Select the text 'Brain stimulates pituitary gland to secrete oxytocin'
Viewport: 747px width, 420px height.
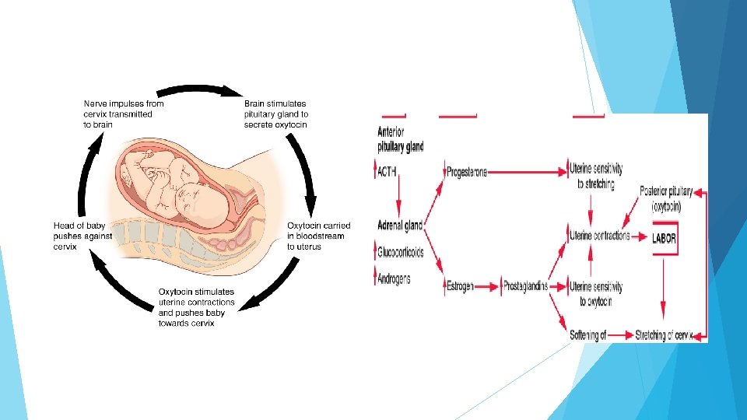pyautogui.click(x=275, y=114)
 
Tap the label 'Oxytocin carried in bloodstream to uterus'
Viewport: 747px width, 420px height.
pyautogui.click(x=318, y=236)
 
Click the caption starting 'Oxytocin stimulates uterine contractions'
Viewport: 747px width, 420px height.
pyautogui.click(x=197, y=307)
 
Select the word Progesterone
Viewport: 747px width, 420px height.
pyautogui.click(x=467, y=172)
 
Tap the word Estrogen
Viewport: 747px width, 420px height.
pyautogui.click(x=460, y=286)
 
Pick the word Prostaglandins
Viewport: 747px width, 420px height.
pyautogui.click(x=525, y=286)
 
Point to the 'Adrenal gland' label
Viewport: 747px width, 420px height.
pyautogui.click(x=400, y=226)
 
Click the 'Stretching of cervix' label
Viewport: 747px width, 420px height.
pyautogui.click(x=663, y=335)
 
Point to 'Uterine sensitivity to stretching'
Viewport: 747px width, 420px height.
pyautogui.click(x=596, y=177)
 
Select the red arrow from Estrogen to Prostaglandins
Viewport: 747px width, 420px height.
pyautogui.click(x=488, y=286)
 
